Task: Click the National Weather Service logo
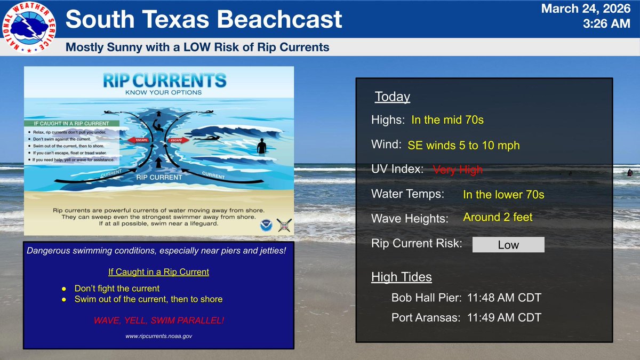coord(30,29)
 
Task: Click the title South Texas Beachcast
coord(203,19)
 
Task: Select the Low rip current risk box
coord(508,245)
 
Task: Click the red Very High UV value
coord(458,170)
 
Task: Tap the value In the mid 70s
coord(447,120)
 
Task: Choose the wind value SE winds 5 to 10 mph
coord(463,145)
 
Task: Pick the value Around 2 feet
coord(498,217)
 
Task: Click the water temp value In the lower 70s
coord(503,195)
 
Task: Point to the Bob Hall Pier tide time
coord(504,298)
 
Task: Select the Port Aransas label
coord(426,317)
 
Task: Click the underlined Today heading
coord(392,97)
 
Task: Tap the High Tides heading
coord(401,277)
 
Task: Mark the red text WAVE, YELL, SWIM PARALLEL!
coord(158,321)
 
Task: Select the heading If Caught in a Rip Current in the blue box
coord(158,272)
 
